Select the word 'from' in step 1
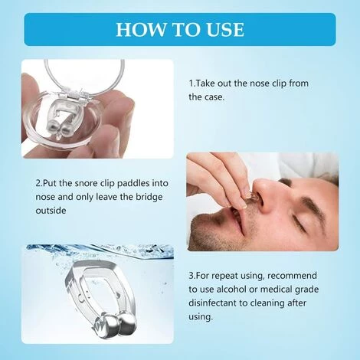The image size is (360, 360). [x=299, y=83]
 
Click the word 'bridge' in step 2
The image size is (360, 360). [x=149, y=198]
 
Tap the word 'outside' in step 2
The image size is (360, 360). [x=51, y=211]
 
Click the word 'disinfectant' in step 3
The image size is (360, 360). [x=213, y=303]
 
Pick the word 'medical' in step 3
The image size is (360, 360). [x=277, y=290]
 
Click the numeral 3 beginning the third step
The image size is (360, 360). [x=191, y=276]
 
